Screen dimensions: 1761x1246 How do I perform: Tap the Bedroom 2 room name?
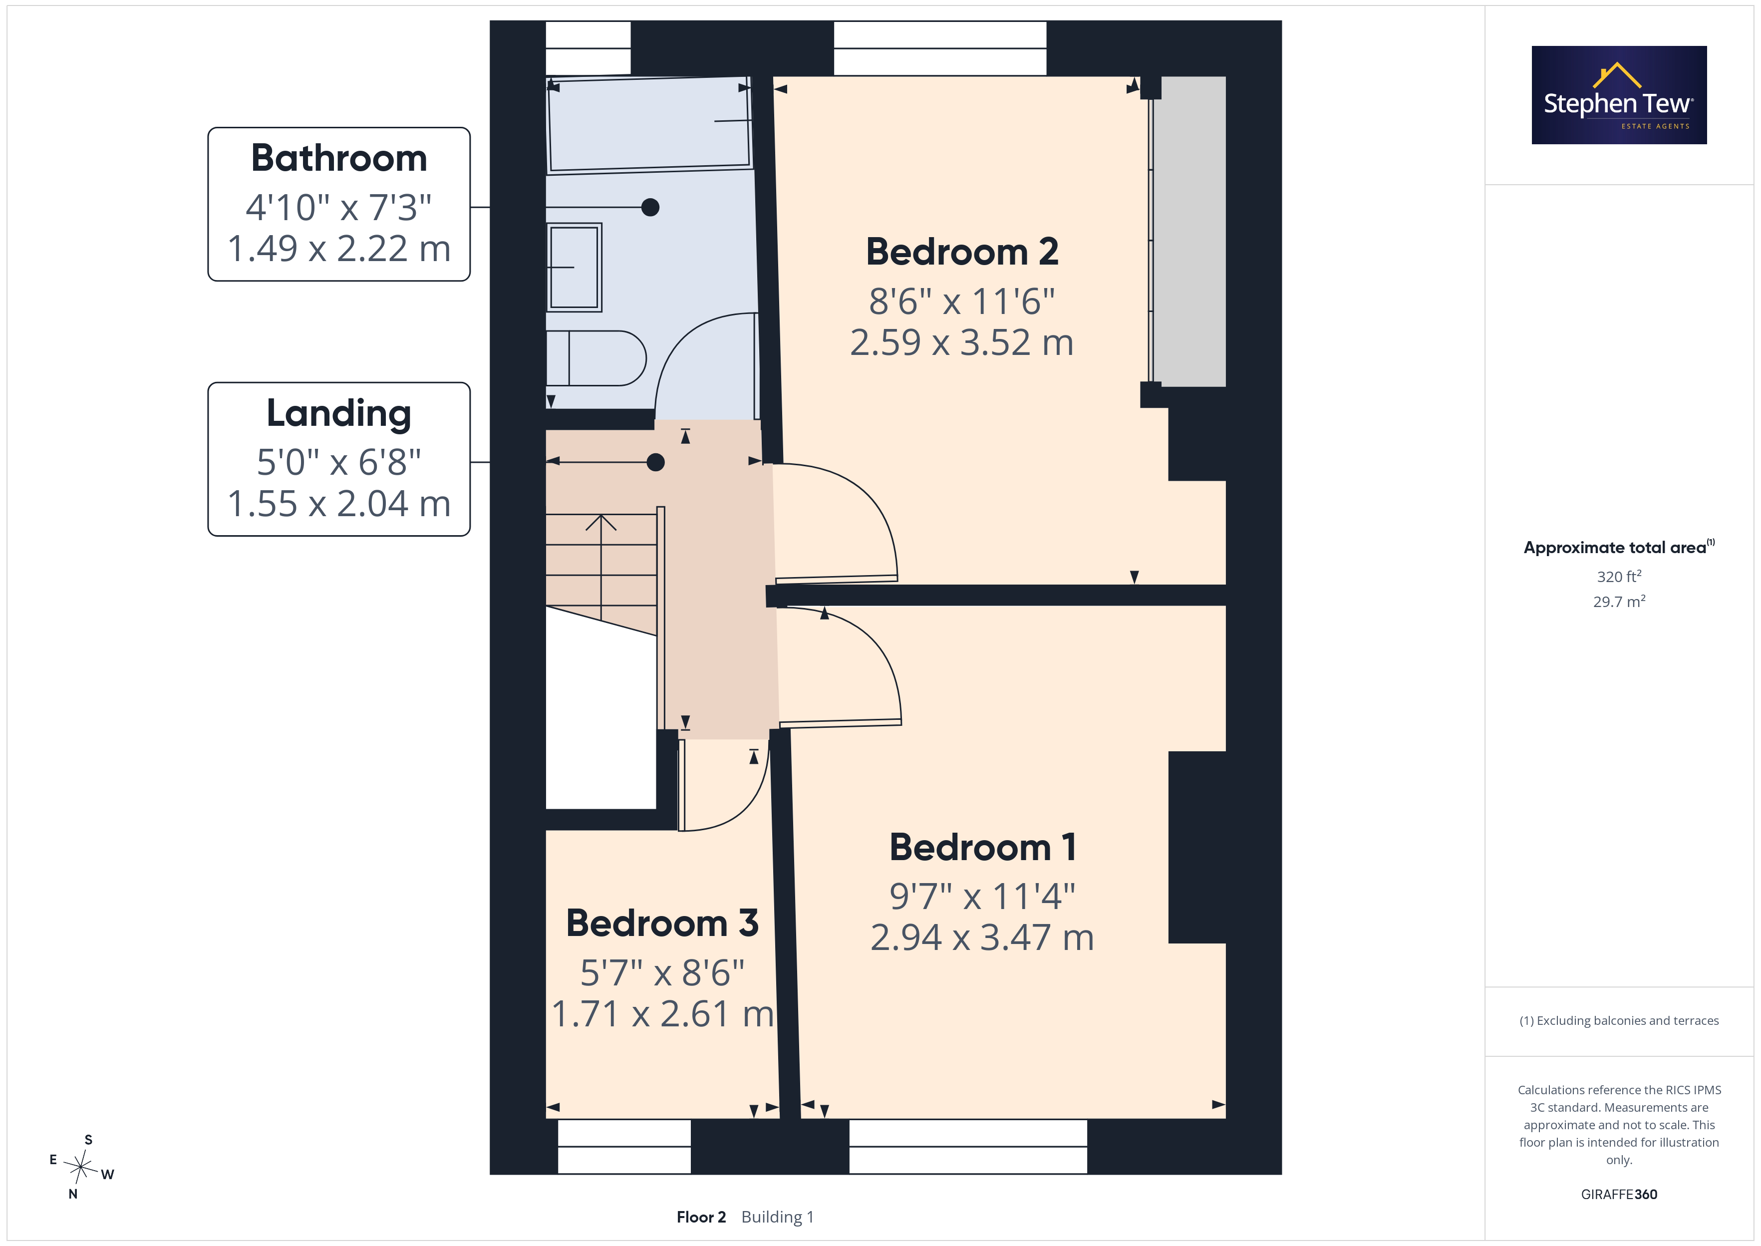[962, 252]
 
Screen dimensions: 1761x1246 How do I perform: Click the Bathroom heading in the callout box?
[339, 158]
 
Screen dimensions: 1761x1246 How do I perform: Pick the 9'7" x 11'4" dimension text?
[982, 896]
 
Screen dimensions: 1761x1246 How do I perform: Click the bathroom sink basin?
[575, 267]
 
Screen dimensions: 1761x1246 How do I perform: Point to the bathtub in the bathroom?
[649, 124]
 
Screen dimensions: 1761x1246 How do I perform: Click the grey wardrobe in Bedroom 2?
[1189, 231]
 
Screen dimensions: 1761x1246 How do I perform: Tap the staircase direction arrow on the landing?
[601, 567]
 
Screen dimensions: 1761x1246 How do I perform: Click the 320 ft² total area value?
[1619, 576]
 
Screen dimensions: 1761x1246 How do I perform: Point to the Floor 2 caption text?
[701, 1218]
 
